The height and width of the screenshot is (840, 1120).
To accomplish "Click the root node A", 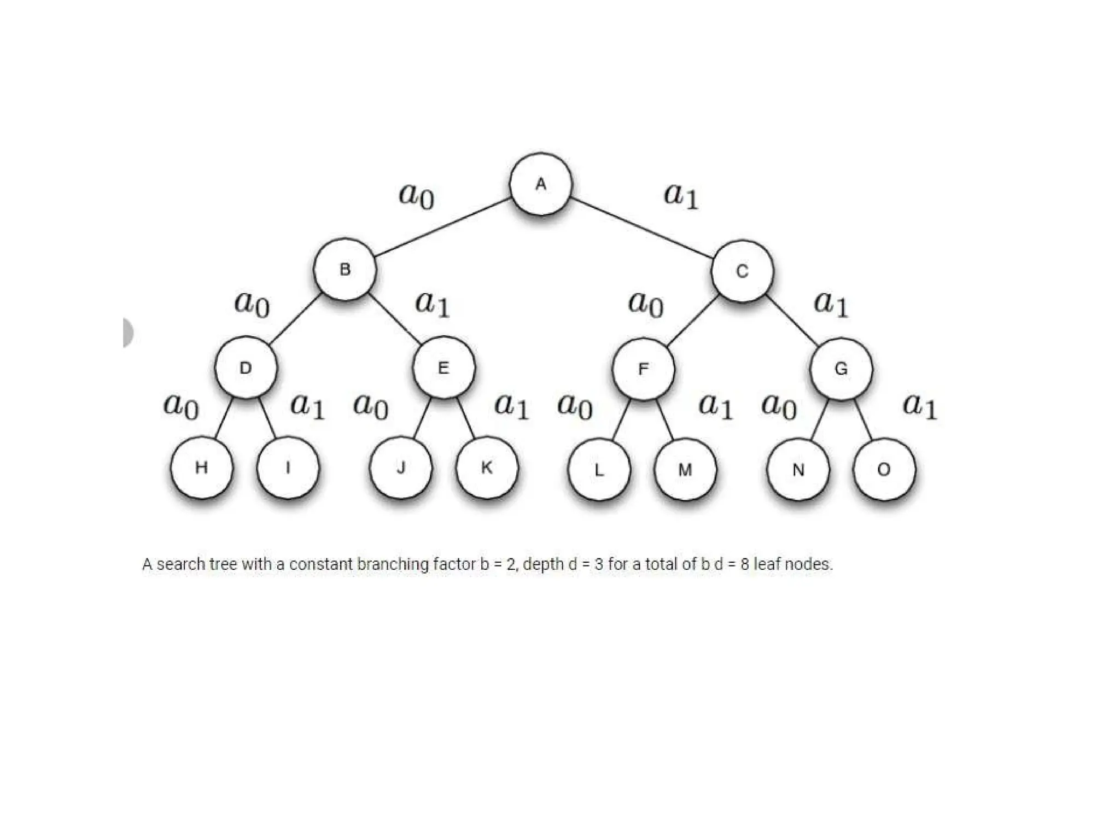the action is click(x=541, y=184).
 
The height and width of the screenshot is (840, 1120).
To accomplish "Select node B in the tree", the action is click(x=345, y=269).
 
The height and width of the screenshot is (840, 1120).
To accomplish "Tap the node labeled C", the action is click(x=742, y=271).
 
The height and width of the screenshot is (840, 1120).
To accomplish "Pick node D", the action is click(x=246, y=367).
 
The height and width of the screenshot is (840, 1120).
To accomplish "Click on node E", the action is click(x=444, y=367).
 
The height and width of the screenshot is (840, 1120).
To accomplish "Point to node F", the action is click(x=643, y=369).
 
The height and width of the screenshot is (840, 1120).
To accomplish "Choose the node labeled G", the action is click(x=841, y=369).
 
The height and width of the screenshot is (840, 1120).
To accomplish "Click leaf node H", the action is click(x=201, y=468).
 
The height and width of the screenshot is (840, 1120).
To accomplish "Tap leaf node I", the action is click(x=288, y=468).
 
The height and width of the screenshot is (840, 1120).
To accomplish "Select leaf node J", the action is click(x=401, y=468).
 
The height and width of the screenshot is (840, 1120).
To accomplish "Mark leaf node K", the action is click(x=487, y=468).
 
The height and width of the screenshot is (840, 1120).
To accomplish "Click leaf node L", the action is click(x=599, y=469).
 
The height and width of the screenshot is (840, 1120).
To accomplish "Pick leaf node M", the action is click(x=685, y=469).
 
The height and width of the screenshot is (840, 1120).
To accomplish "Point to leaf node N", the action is click(x=798, y=469).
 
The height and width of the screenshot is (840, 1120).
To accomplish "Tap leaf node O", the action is click(x=884, y=469).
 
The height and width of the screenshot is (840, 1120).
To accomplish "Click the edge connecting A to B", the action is click(x=443, y=226).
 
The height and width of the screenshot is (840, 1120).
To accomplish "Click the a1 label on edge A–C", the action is click(x=681, y=195).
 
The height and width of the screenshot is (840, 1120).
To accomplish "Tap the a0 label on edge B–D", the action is click(x=252, y=304).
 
